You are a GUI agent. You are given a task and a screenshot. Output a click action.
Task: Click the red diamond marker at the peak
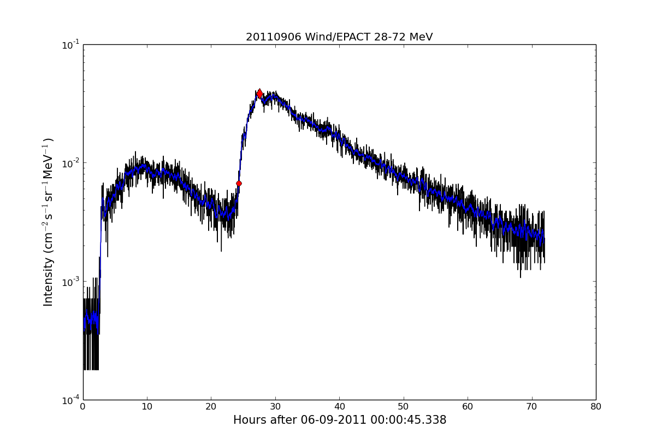point(259,94)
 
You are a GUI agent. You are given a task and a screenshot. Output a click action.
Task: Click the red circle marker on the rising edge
point(239,183)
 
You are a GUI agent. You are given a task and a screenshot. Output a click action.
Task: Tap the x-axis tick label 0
point(83,406)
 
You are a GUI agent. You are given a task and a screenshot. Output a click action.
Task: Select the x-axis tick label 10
point(147,406)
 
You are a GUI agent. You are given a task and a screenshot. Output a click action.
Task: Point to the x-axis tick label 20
point(211,406)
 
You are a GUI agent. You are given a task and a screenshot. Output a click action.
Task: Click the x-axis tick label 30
point(275,406)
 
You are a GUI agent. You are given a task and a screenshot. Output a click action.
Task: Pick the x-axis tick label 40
point(339,406)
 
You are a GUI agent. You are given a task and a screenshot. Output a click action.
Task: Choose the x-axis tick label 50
point(404,406)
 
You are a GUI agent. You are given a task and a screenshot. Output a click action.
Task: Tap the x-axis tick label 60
point(468,406)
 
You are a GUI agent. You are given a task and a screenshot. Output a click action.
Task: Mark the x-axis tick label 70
point(531,406)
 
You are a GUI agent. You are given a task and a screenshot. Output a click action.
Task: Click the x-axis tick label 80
point(596,406)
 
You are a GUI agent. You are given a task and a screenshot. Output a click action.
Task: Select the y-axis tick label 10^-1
point(70,45)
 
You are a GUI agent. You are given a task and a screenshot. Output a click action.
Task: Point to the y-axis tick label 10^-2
point(70,163)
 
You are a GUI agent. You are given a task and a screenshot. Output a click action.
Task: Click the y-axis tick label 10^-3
point(70,282)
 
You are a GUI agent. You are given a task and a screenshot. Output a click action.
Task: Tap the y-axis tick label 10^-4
point(70,400)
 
